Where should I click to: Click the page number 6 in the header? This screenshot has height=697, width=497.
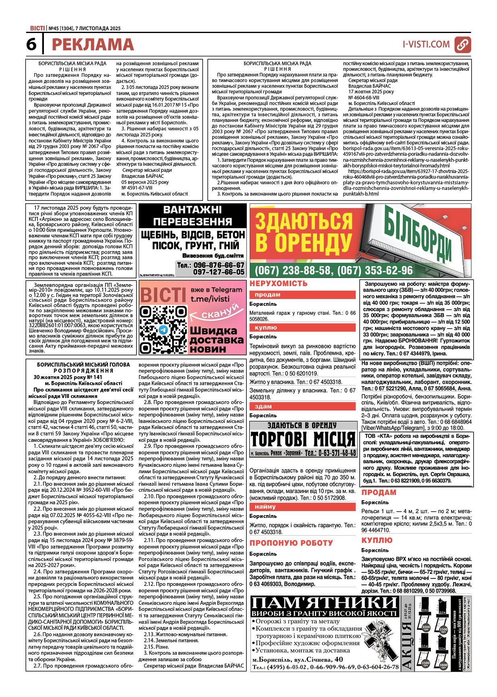tap(31, 44)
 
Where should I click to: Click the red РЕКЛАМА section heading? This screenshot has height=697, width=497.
tap(93, 45)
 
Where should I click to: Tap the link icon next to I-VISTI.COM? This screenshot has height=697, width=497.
tap(462, 45)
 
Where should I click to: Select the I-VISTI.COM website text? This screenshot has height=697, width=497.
tap(426, 44)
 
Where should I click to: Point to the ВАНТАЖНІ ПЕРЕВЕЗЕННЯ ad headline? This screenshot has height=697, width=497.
tap(193, 216)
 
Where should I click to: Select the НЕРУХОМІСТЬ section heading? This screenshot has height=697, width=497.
tap(278, 284)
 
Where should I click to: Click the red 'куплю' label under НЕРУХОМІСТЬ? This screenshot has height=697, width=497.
tap(266, 328)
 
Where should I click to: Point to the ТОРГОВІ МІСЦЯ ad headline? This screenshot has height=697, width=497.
tap(303, 439)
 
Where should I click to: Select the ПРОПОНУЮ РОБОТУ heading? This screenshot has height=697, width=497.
tap(291, 543)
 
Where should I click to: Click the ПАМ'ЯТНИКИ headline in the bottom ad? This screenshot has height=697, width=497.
tap(324, 602)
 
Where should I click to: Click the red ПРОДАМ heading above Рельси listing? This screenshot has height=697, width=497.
tap(379, 493)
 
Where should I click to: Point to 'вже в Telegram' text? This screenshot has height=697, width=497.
tap(217, 290)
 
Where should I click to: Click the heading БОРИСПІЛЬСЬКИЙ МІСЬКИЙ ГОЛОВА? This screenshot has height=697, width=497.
tap(83, 365)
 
